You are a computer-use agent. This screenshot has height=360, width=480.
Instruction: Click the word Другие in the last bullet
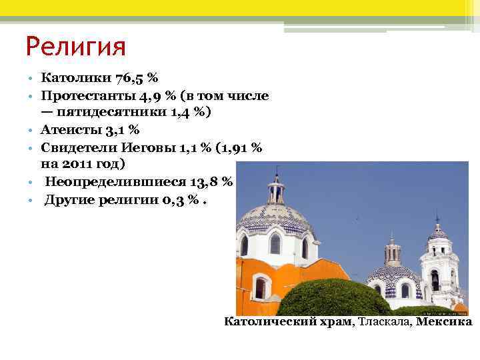[69, 198]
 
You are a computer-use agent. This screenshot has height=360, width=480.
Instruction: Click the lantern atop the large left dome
[275, 191]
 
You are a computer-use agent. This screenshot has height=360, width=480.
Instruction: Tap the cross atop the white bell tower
[437, 218]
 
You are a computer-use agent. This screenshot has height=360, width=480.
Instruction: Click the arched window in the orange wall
[260, 288]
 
